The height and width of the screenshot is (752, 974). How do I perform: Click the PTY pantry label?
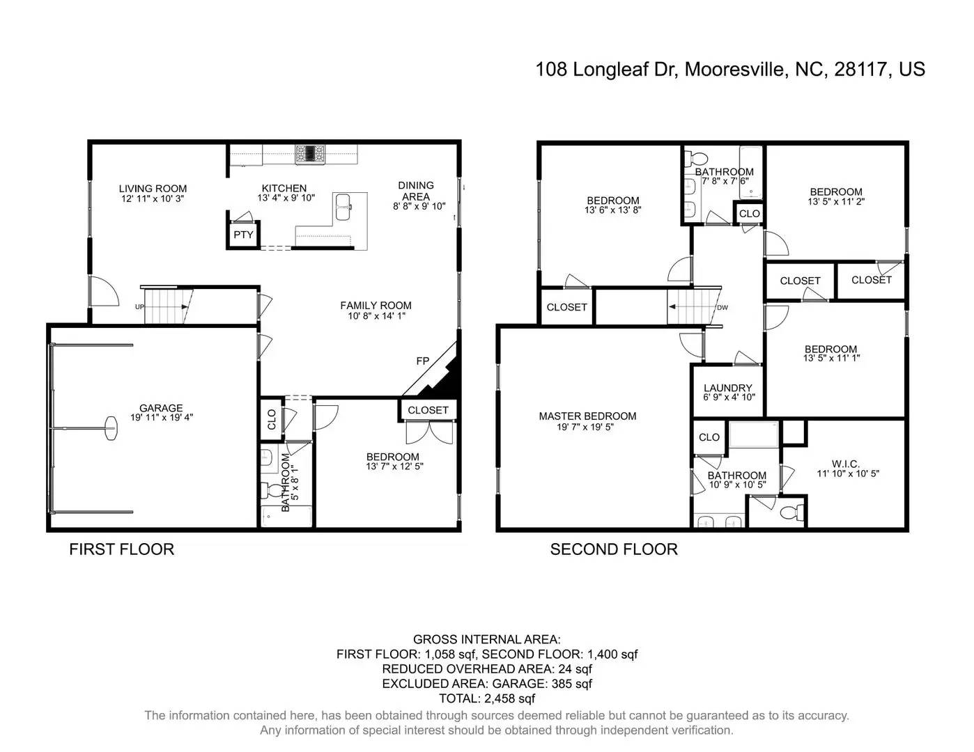tap(243, 235)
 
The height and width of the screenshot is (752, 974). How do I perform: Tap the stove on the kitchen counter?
tap(310, 154)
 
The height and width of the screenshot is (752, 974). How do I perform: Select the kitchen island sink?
tap(343, 207)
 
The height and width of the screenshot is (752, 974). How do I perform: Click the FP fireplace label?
tap(423, 361)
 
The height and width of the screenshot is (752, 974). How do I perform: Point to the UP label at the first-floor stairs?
tap(139, 307)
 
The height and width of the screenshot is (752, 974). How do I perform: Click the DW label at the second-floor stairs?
tap(722, 308)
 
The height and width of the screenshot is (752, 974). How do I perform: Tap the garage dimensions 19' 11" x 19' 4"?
tap(162, 417)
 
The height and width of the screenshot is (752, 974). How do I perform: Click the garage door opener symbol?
tap(111, 429)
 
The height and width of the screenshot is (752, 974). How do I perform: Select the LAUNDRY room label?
tap(728, 388)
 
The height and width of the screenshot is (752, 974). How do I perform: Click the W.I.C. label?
tap(846, 464)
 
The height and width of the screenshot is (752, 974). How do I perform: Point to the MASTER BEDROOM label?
tap(587, 416)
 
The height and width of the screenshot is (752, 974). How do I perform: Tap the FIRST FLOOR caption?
tap(121, 549)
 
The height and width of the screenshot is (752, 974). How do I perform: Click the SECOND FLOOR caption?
tap(614, 549)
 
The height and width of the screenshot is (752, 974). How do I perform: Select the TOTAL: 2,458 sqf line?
tap(487, 698)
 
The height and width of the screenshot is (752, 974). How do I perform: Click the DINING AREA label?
tap(416, 191)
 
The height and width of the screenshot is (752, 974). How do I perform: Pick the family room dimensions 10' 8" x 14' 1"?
tap(376, 316)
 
